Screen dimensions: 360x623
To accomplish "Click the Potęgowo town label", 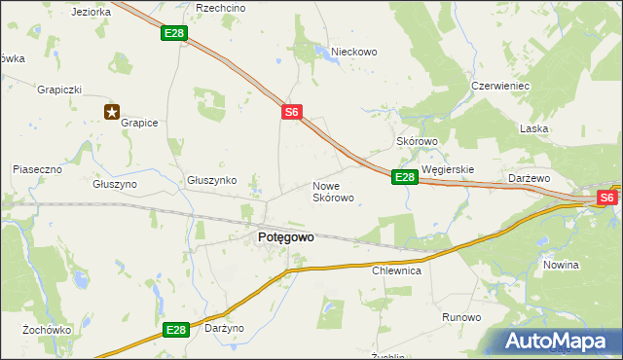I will click(285, 236).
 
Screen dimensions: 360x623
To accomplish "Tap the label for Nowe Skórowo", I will click(333, 192).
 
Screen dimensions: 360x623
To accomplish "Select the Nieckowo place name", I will click(353, 52).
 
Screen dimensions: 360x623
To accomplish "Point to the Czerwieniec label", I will click(499, 86).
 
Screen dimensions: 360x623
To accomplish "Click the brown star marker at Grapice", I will click(112, 112).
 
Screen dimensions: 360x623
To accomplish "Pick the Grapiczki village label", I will click(58, 90).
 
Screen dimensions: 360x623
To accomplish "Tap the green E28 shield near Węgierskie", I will click(405, 177).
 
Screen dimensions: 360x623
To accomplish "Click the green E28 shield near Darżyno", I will click(175, 331).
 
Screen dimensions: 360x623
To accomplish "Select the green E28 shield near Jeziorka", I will click(174, 34).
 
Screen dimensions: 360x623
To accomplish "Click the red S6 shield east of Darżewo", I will click(607, 198).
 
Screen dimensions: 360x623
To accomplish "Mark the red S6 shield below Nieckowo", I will click(292, 113).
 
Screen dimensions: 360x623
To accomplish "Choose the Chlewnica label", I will click(396, 271).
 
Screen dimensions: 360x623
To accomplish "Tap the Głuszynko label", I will click(212, 180).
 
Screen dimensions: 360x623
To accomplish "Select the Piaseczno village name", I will click(37, 169).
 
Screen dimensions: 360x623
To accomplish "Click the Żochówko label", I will click(48, 330).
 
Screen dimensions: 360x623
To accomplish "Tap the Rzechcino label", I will click(220, 7).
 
